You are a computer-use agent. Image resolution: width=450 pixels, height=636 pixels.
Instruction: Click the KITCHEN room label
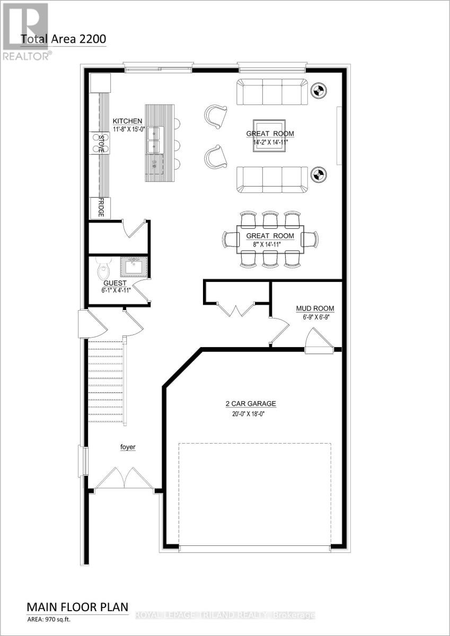click(x=127, y=121)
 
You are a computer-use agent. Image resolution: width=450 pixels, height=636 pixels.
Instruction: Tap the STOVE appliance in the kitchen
click(x=101, y=143)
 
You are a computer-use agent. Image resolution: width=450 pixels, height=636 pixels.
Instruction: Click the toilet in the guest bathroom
click(x=104, y=270)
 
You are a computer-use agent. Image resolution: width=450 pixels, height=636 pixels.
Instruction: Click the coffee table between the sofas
click(x=269, y=134)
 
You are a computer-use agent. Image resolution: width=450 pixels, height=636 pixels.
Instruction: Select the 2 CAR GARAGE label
click(x=250, y=403)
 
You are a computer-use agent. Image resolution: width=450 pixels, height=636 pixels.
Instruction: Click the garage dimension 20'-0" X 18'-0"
click(x=250, y=414)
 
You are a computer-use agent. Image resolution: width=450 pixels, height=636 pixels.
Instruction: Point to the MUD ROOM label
click(x=314, y=308)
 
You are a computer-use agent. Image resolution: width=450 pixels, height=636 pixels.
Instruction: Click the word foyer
click(x=127, y=447)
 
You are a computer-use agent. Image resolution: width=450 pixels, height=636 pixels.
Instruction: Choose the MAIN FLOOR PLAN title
click(x=77, y=606)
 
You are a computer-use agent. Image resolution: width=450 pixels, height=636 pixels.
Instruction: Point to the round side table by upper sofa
click(x=319, y=91)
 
